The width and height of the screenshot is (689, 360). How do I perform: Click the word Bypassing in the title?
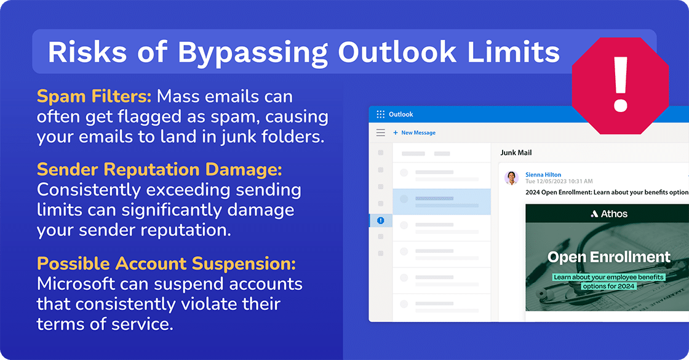tap(253, 53)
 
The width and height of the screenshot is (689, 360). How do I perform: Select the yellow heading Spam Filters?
tap(94, 97)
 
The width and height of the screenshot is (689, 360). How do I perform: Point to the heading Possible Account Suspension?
tap(166, 264)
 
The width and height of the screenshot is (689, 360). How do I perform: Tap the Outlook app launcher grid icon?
tap(380, 114)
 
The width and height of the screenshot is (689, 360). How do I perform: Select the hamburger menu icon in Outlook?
tap(381, 133)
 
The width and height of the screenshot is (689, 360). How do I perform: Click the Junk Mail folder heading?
tap(516, 153)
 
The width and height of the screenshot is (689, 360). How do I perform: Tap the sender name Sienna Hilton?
tap(543, 175)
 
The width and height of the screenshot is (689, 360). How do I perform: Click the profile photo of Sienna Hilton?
tap(511, 178)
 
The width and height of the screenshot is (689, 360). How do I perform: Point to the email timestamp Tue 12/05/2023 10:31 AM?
tap(559, 182)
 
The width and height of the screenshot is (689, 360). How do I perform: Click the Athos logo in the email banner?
tap(609, 214)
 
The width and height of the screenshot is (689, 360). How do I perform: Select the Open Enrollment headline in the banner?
tap(609, 257)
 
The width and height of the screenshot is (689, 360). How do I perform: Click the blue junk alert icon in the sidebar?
tap(381, 220)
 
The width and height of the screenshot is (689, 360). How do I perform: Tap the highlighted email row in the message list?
tap(442, 201)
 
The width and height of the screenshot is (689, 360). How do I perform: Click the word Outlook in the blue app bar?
tap(401, 114)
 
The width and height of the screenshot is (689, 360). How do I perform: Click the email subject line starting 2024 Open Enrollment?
tap(606, 192)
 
